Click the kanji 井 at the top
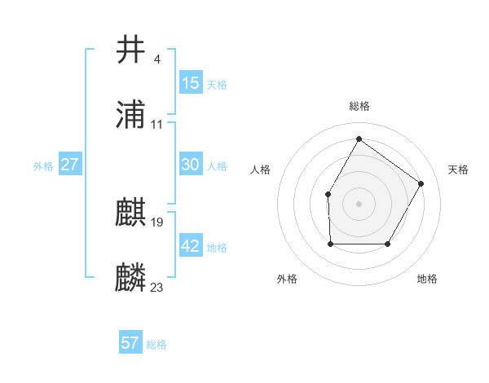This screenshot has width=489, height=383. pos(131,50)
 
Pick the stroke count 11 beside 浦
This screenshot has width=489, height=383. pos(157,124)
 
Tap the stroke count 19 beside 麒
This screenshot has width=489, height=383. pos(157,222)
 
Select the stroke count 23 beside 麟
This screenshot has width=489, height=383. pos(157,287)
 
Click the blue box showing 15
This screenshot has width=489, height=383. pos(191,83)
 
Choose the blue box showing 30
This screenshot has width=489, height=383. pos(191,165)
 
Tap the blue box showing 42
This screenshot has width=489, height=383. pos(191,246)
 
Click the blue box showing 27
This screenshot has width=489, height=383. pos(70,165)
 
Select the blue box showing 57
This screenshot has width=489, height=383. pos(130,343)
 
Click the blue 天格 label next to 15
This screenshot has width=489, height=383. pos(217,85)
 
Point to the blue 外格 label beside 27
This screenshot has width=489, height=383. pos(43,166)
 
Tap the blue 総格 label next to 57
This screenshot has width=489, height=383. pos(156,345)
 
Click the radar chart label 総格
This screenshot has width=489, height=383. pos(359,106)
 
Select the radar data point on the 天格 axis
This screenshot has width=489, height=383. pos(421,183)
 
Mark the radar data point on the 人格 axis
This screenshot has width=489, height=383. pos(328,194)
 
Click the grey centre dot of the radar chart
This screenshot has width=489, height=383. pos(359,203)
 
